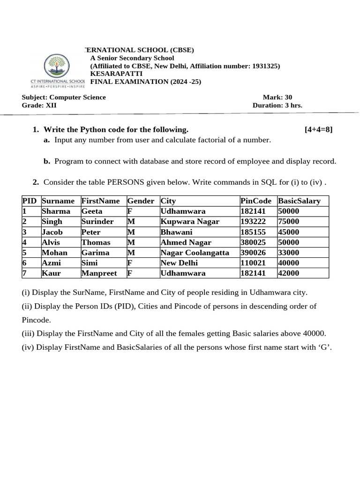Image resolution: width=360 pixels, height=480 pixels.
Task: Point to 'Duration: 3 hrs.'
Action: click(277, 105)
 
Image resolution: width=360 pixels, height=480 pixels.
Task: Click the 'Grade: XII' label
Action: click(39, 105)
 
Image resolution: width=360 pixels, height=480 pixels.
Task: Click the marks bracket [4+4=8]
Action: click(318, 130)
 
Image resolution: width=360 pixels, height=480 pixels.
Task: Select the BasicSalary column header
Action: click(299, 201)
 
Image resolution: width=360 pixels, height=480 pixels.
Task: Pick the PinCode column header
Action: click(255, 201)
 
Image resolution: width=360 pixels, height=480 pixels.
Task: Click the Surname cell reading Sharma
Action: click(56, 211)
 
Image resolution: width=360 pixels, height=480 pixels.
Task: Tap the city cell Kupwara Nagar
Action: click(189, 222)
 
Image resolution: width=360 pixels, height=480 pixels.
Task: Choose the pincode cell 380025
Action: click(253, 242)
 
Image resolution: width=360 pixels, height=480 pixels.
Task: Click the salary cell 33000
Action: click(288, 253)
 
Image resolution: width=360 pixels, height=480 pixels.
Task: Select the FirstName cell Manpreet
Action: click(99, 273)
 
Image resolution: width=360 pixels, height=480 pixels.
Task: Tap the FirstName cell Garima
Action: click(95, 253)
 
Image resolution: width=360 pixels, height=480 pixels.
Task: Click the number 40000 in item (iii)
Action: click(310, 334)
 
